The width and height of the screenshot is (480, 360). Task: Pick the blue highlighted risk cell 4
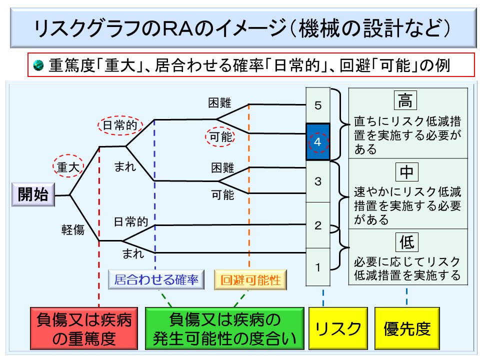tap(318, 142)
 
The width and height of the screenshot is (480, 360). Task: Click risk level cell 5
tap(318, 105)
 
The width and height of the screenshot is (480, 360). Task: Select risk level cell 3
tap(318, 181)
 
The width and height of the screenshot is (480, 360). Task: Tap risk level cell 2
tap(318, 225)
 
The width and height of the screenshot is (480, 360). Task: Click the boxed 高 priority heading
tap(405, 101)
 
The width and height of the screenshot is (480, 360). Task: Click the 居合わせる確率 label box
tap(156, 280)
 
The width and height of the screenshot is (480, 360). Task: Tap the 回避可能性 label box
tap(250, 280)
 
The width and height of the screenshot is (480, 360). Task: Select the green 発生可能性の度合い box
tap(225, 328)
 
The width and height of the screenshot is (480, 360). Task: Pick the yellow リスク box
tap(337, 328)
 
